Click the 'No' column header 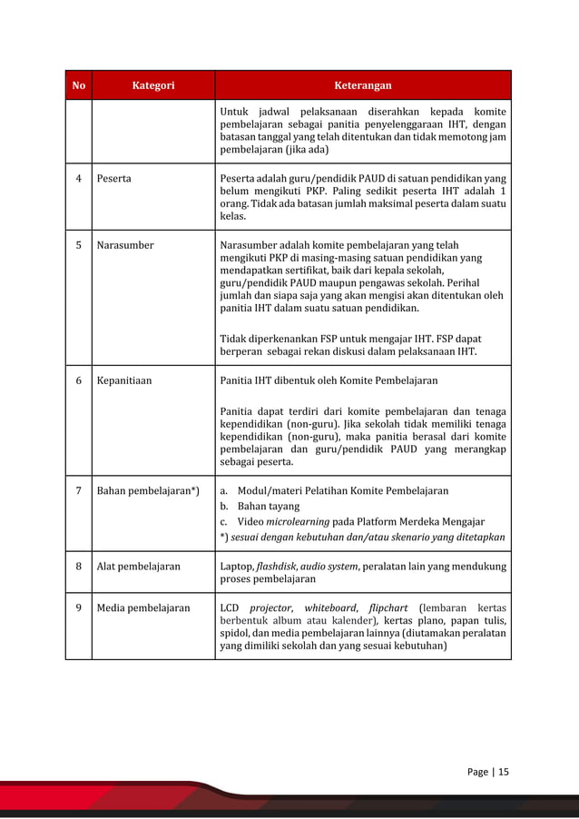pos(78,85)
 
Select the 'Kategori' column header pos(153,85)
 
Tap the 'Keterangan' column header pos(363,85)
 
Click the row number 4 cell pos(78,178)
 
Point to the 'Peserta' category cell pos(113,178)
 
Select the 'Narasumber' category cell pos(125,245)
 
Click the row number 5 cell pos(78,245)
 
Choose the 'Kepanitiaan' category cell pos(124,380)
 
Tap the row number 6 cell pos(78,380)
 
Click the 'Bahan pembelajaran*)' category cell pos(148,491)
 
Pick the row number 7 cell pos(78,491)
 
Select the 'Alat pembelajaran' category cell pos(138,567)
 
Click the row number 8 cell pos(78,567)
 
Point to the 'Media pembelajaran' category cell pos(143,607)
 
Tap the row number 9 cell pos(78,607)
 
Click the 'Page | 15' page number pos(488,772)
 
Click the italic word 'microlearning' pos(297,521)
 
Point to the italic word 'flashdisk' pos(280,567)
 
